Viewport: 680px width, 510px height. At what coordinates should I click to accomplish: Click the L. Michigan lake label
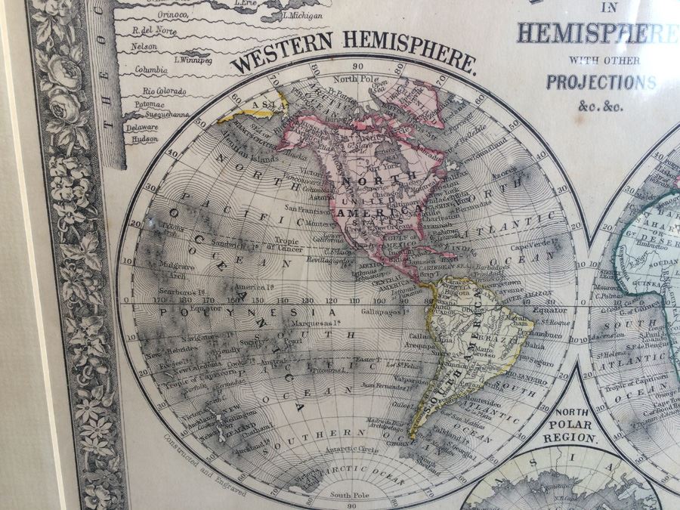pyautogui.click(x=303, y=15)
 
